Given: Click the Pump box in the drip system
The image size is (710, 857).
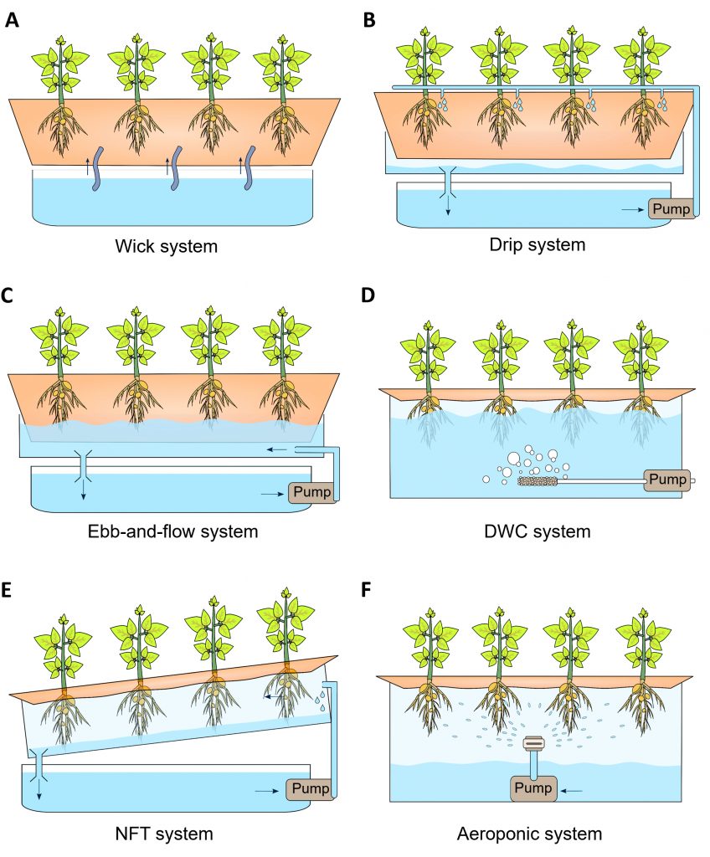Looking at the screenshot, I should [672, 208].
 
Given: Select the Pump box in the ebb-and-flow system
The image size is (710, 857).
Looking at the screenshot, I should [311, 492].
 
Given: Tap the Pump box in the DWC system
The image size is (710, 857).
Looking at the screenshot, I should [666, 480].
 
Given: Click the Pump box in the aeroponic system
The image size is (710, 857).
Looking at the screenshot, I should [533, 788].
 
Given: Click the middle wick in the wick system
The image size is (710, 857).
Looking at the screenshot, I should [178, 167].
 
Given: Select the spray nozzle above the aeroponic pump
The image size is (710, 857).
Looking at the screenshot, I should [533, 742].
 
